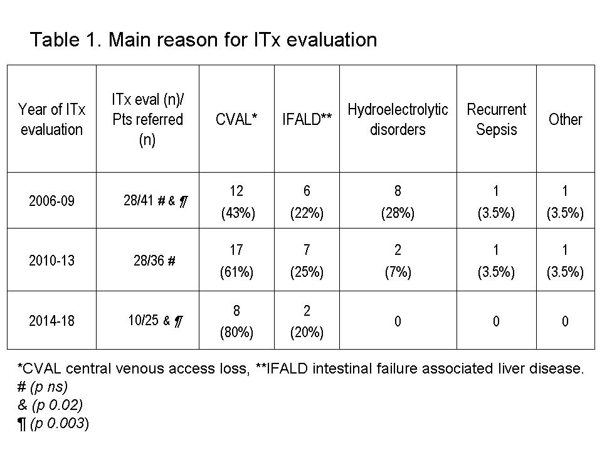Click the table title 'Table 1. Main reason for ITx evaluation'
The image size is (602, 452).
[x=203, y=40]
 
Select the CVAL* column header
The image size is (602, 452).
[x=236, y=119]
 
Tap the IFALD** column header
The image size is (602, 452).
[x=307, y=119]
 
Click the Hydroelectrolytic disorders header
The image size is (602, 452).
[x=398, y=119]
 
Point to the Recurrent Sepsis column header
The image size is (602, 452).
[x=497, y=119]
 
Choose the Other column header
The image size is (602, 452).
[x=565, y=119]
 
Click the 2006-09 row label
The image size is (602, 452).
[x=51, y=201]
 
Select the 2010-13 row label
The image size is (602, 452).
[x=51, y=261]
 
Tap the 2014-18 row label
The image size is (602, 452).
[x=51, y=321]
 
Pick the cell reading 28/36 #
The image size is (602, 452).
[x=154, y=261]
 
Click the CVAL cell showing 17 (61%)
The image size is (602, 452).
[x=236, y=261]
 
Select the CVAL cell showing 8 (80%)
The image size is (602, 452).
[x=236, y=321]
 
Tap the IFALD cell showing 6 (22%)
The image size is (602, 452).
[x=307, y=202]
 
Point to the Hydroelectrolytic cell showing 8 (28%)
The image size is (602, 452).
[x=398, y=202]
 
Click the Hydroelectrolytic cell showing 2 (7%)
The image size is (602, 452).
[x=398, y=261]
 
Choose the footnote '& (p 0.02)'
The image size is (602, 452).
[x=50, y=405]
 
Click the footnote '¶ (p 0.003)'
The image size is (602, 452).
[x=53, y=424]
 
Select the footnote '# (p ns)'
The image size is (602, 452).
[x=43, y=387]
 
